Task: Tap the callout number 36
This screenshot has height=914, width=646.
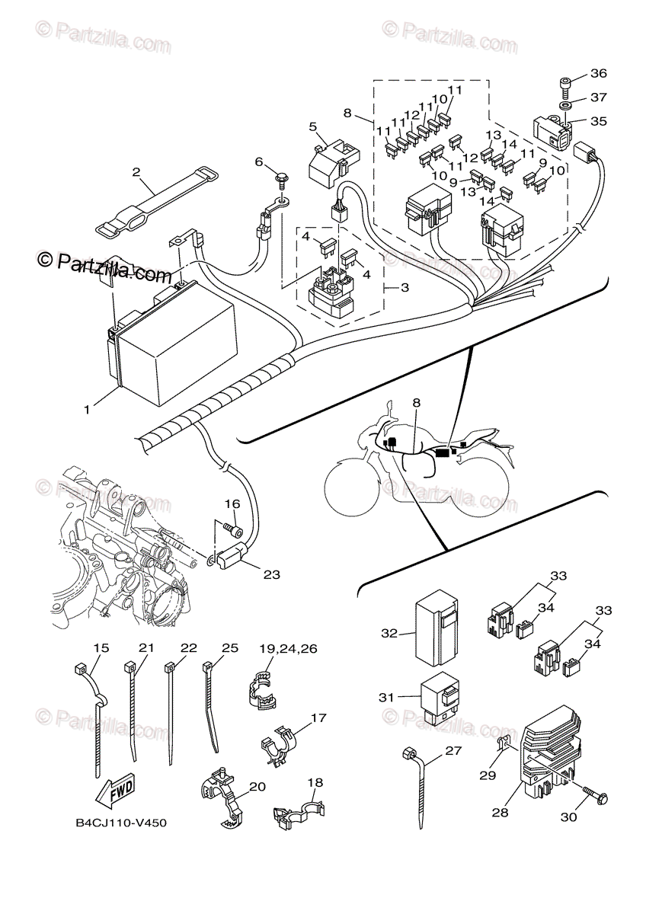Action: click(599, 74)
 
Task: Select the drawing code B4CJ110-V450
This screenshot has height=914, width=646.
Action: click(121, 823)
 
